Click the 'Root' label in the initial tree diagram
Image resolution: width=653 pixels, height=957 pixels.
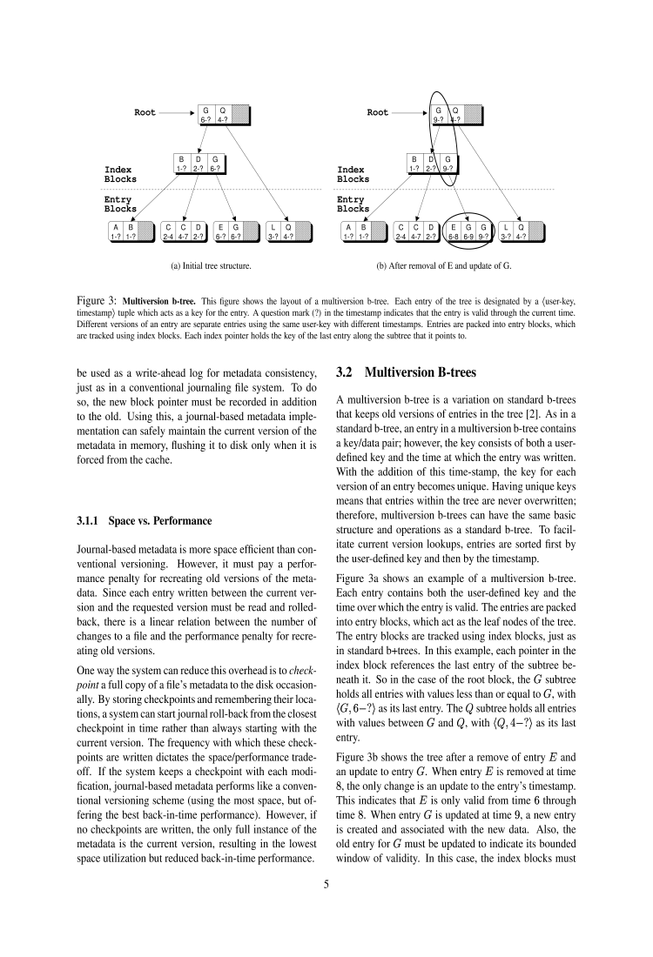pyautogui.click(x=145, y=112)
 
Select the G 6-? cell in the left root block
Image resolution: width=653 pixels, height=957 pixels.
pyautogui.click(x=206, y=115)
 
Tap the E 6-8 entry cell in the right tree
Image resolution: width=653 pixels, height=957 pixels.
pyautogui.click(x=454, y=231)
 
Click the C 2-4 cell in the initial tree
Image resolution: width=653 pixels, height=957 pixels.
pyautogui.click(x=167, y=231)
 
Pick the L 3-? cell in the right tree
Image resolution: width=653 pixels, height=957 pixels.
pyautogui.click(x=506, y=231)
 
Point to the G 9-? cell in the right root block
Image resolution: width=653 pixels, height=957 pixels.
pyautogui.click(x=439, y=115)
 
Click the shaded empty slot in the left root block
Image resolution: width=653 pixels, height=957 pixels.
pyautogui.click(x=241, y=115)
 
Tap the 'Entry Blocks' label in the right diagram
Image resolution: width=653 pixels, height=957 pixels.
pyautogui.click(x=353, y=204)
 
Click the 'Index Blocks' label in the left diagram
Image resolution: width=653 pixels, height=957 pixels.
pyautogui.click(x=118, y=174)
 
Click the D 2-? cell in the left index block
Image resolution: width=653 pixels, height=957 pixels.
pyautogui.click(x=199, y=164)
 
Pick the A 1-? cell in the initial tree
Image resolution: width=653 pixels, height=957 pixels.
pyautogui.click(x=115, y=231)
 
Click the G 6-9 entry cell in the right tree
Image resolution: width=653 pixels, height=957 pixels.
pyautogui.click(x=469, y=231)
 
